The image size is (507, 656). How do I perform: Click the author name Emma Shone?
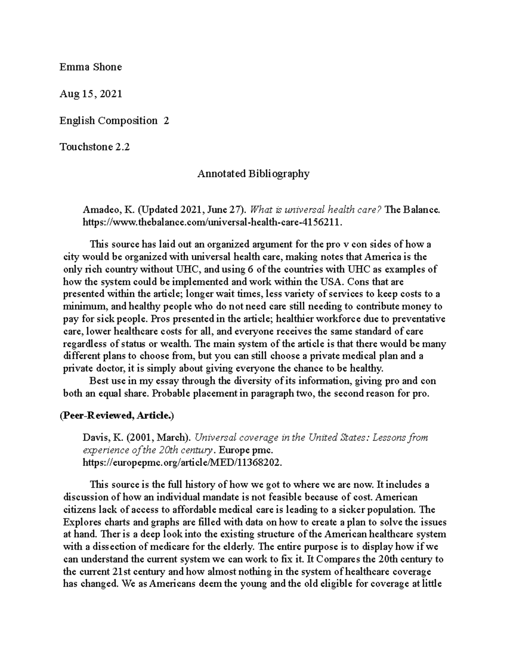[90, 67]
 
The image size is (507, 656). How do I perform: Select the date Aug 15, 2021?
[91, 94]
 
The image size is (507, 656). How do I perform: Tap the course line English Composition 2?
[114, 121]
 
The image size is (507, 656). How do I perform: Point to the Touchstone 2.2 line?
[95, 147]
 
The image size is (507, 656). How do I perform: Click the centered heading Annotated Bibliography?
[253, 174]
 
